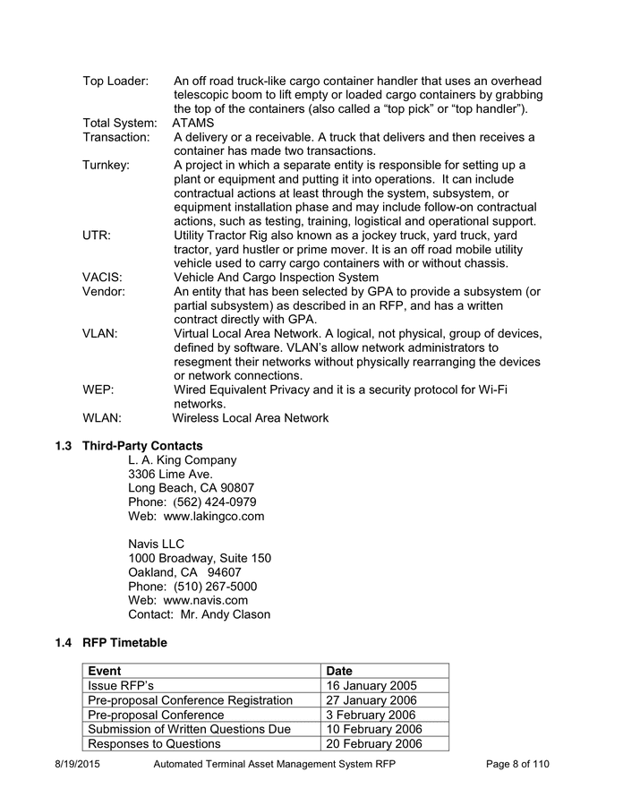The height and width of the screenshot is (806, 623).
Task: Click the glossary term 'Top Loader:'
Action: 115,81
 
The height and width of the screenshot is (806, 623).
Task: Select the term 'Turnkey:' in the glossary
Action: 107,165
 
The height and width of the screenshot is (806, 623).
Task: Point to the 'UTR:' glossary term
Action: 97,236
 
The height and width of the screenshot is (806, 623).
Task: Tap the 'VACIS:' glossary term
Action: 103,278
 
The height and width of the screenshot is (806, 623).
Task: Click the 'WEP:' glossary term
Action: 98,390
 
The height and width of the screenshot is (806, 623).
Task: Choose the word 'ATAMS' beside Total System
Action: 193,123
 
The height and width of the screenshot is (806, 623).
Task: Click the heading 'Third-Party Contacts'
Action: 142,446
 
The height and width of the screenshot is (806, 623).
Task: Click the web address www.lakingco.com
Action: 214,516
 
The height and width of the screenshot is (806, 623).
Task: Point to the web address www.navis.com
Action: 206,600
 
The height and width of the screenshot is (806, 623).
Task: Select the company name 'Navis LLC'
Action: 156,544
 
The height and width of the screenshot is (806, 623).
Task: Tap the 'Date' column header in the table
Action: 339,671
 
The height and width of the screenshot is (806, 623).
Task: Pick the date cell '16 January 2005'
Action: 371,686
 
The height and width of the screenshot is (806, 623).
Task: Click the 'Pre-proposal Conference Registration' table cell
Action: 190,700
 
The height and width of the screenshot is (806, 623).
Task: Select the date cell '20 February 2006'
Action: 374,744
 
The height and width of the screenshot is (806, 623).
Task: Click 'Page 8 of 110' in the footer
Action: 517,764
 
